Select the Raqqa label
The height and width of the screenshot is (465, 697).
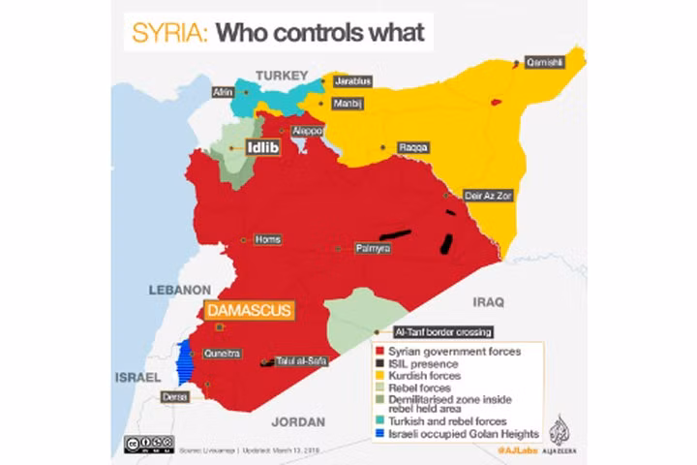(x=412, y=148)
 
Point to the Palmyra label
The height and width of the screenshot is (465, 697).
(x=373, y=249)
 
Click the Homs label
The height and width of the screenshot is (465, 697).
(x=265, y=238)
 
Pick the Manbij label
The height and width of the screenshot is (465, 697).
(x=348, y=104)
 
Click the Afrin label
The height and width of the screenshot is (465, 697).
(x=223, y=92)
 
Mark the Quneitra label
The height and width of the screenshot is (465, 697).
(x=222, y=354)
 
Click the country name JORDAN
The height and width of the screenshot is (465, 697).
(x=292, y=421)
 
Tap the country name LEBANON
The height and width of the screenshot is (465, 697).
(x=179, y=290)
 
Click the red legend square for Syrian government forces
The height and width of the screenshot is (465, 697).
(x=379, y=351)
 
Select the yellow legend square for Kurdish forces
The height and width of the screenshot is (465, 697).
(x=379, y=375)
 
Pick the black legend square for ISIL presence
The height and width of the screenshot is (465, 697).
(x=379, y=363)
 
